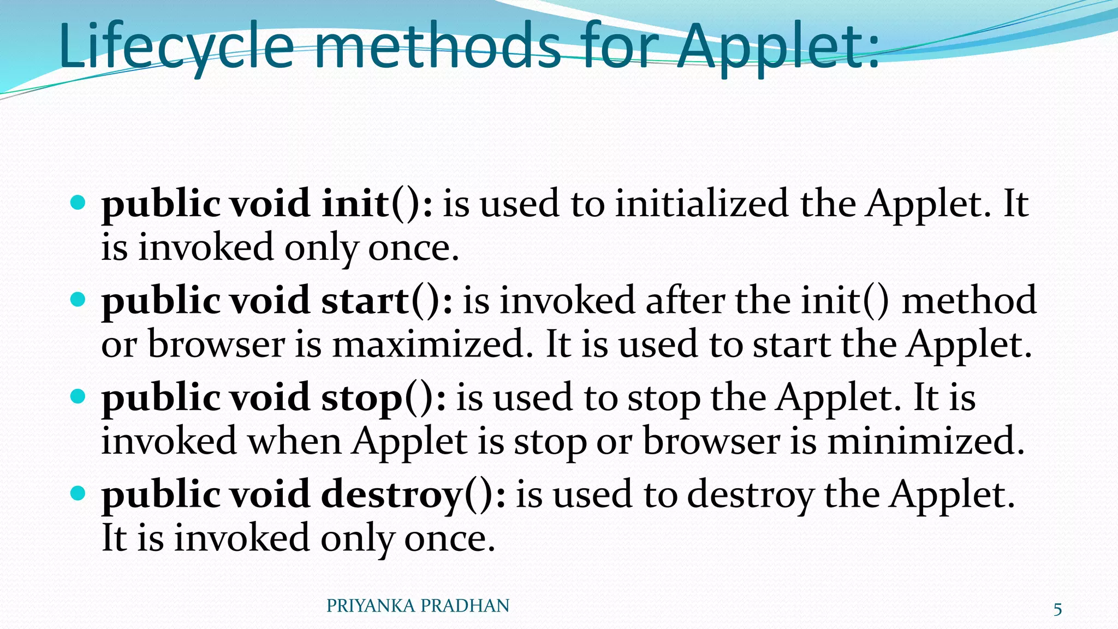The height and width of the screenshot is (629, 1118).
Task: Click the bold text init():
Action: pyautogui.click(x=377, y=204)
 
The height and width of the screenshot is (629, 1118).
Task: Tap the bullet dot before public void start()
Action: pyautogui.click(x=79, y=300)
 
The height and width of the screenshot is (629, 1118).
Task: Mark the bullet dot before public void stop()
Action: pyautogui.click(x=79, y=396)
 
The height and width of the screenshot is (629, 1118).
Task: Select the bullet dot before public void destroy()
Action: pyautogui.click(x=79, y=494)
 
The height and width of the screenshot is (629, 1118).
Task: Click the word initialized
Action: pyautogui.click(x=702, y=204)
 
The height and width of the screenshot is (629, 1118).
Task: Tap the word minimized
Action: pyautogui.click(x=926, y=442)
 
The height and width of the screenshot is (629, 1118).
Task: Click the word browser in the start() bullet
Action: pyautogui.click(x=216, y=345)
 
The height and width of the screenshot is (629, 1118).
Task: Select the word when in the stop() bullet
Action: pyautogui.click(x=295, y=442)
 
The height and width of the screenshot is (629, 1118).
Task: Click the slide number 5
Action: pyautogui.click(x=1057, y=609)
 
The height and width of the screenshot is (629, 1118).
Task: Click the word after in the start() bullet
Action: pyautogui.click(x=686, y=301)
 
